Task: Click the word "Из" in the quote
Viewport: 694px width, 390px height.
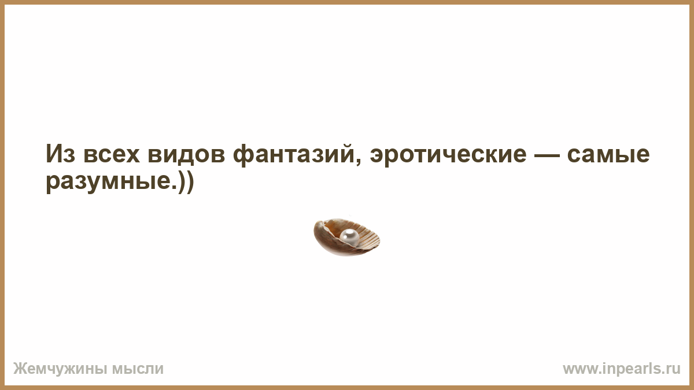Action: tap(60, 154)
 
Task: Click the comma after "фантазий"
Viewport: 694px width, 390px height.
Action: tap(358, 162)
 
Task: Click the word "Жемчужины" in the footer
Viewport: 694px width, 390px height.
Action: tap(60, 369)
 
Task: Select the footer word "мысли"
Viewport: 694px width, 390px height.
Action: tap(138, 369)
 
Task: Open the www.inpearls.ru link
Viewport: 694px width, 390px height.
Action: tap(621, 369)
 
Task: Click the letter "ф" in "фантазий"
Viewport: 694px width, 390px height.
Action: tap(244, 155)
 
